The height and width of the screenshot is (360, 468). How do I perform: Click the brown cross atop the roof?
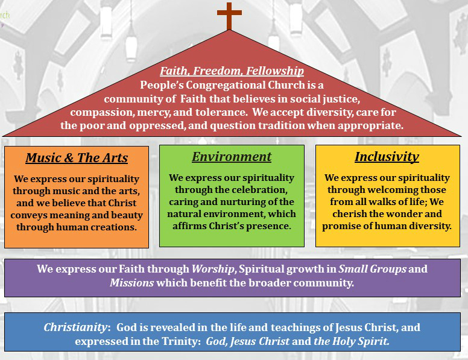[x=229, y=16]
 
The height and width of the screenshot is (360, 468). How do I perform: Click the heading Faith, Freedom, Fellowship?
[x=232, y=71]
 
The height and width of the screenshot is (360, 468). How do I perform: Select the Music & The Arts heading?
[x=77, y=158]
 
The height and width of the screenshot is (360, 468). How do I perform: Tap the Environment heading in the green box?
[x=232, y=157]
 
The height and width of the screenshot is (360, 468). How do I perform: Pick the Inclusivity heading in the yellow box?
[x=387, y=157]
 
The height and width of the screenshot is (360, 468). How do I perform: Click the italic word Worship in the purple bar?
[x=213, y=269]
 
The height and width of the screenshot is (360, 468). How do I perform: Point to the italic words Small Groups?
[x=372, y=269]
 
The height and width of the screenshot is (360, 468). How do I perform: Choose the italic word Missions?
[x=131, y=283]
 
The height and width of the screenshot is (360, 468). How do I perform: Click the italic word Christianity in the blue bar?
[x=75, y=327]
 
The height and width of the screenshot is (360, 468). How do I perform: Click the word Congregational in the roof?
[x=226, y=86]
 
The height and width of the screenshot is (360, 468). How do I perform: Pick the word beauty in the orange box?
[x=127, y=215]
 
